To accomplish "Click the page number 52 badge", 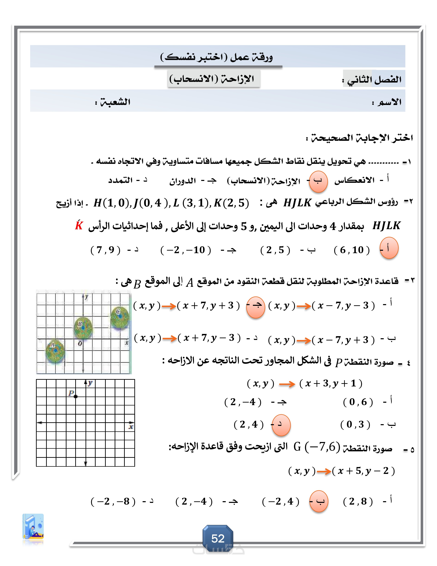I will coord(218,538).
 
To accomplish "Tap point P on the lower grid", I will coord(76,396).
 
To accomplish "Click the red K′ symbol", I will coord(79,225).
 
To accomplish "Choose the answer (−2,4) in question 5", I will coord(281,502).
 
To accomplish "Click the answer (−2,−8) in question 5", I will coord(113,502).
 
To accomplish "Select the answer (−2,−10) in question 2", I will coord(186,250).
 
